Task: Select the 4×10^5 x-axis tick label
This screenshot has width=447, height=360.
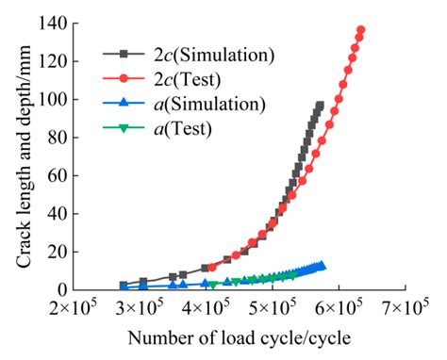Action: point(206,308)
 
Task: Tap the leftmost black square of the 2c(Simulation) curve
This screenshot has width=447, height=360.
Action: point(124,285)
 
